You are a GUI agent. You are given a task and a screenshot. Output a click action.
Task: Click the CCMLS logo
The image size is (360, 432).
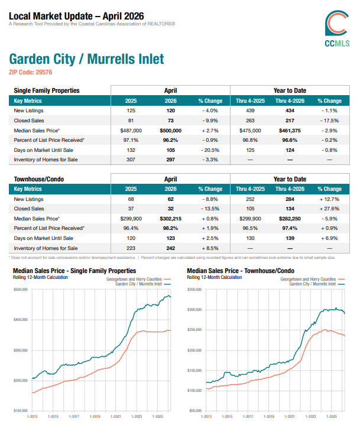(x=337, y=28)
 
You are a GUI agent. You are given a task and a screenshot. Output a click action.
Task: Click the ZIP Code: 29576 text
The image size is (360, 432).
(x=30, y=72)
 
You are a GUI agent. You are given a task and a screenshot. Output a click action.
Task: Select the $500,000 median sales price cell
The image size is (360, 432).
(x=171, y=131)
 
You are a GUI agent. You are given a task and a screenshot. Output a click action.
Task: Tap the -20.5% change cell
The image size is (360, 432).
(x=210, y=150)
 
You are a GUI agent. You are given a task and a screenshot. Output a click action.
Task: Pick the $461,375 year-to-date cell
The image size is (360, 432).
(x=290, y=131)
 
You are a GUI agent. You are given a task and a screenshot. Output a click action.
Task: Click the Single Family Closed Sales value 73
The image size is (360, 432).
(x=171, y=121)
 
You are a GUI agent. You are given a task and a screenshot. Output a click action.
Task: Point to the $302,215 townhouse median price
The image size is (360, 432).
(x=171, y=219)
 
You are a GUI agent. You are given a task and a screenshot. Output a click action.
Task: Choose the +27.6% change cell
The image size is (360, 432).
(x=329, y=209)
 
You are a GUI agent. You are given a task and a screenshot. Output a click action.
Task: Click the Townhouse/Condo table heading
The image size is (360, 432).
(x=39, y=179)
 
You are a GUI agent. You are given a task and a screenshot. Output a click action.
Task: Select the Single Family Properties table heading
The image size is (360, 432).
(x=47, y=90)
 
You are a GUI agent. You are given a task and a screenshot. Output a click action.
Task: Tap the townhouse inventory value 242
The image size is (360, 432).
(x=171, y=248)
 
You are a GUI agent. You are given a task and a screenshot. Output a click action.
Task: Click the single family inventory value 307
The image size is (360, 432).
(x=131, y=160)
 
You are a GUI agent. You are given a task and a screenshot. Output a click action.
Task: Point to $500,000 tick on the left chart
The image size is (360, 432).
(x=21, y=290)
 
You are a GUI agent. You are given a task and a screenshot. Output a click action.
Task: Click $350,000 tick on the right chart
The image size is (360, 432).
(x=194, y=290)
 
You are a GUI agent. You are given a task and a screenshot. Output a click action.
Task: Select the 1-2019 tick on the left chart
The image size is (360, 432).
(x=95, y=417)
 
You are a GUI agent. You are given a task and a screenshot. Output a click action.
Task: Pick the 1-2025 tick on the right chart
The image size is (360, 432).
(x=332, y=417)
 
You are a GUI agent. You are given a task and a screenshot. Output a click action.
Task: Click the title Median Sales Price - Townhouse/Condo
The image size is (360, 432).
(x=241, y=271)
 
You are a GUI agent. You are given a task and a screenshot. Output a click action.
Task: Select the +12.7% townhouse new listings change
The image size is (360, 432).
(x=329, y=199)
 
